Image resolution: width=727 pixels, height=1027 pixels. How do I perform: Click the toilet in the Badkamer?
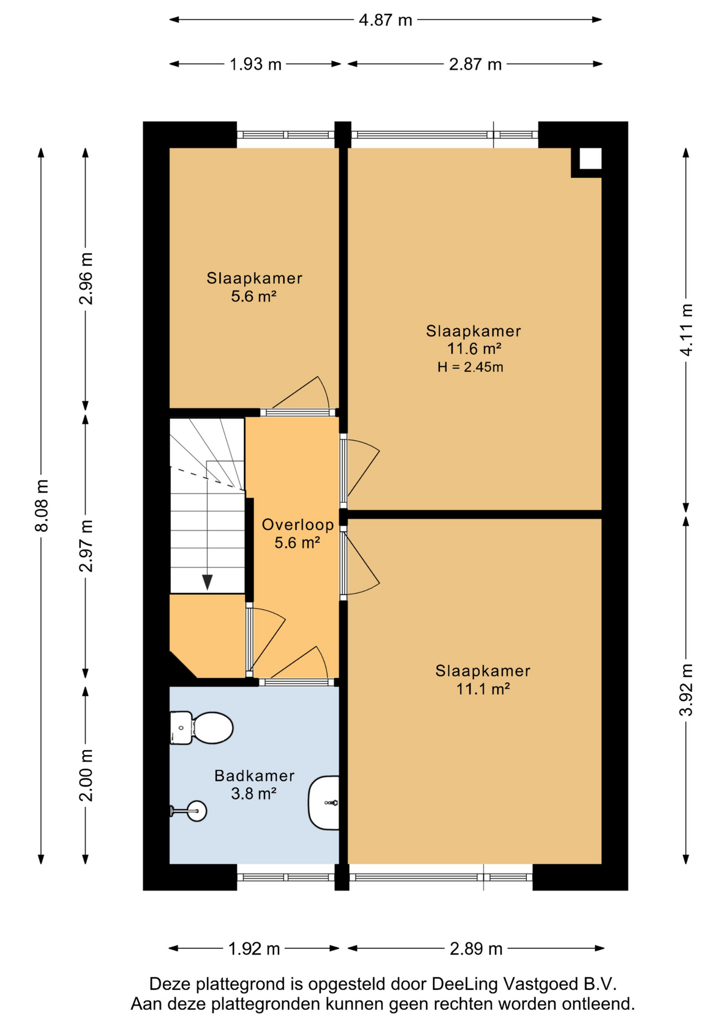[x=201, y=727]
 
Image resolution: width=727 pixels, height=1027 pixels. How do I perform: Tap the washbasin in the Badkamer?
[x=324, y=802]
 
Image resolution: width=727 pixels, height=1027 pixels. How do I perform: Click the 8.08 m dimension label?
[x=41, y=505]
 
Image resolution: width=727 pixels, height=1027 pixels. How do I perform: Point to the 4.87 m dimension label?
[x=385, y=20]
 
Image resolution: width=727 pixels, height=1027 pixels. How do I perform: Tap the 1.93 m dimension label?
[x=255, y=65]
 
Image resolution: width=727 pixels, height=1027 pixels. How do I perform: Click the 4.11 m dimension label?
[x=686, y=329]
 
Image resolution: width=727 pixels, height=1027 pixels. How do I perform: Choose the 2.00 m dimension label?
[x=86, y=775]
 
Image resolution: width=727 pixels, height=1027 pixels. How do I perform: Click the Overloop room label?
[x=298, y=525]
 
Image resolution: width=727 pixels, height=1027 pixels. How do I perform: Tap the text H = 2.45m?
[x=470, y=367]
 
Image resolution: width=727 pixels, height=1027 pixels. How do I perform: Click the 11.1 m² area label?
[x=483, y=689]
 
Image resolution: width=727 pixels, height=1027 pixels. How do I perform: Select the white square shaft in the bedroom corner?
[x=590, y=159]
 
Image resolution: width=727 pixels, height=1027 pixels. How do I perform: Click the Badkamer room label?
[x=254, y=776]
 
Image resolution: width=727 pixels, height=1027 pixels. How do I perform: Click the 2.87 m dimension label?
[x=475, y=65]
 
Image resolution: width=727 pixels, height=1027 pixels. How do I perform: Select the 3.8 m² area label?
[x=254, y=794]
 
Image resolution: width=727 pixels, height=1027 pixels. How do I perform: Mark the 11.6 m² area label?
[x=474, y=349]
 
